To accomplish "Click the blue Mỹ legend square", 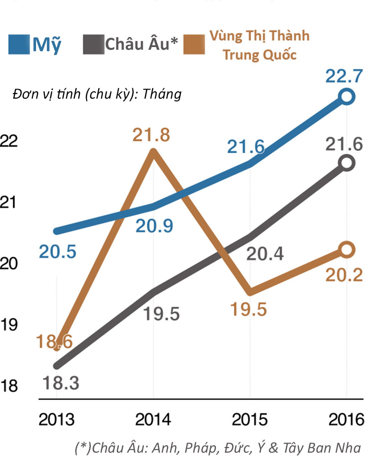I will [19, 45].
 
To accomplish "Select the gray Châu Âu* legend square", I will [94, 45].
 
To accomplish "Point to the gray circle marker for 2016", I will [347, 163].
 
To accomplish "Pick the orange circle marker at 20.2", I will [347, 249].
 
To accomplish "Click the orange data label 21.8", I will [151, 135].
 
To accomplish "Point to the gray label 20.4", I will [265, 254].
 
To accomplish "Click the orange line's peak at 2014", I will [154, 152].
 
